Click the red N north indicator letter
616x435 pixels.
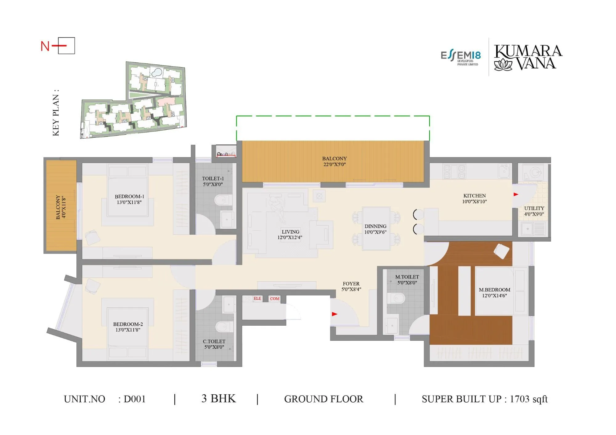pyautogui.click(x=45, y=47)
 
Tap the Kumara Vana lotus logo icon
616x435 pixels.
pyautogui.click(x=503, y=65)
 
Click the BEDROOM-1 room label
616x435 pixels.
pyautogui.click(x=129, y=199)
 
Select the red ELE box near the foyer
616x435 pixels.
pyautogui.click(x=257, y=299)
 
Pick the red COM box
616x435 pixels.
pyautogui.click(x=274, y=299)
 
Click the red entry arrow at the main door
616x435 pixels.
pyautogui.click(x=334, y=314)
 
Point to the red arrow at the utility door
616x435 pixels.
pyautogui.click(x=516, y=194)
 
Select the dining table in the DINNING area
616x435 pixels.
pyautogui.click(x=376, y=229)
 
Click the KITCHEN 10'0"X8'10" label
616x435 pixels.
pyautogui.click(x=474, y=199)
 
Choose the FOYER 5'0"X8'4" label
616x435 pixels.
pyautogui.click(x=351, y=286)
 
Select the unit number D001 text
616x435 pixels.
pyautogui.click(x=134, y=399)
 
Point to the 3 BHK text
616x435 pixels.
pyautogui.click(x=218, y=398)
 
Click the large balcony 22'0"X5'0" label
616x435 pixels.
pyautogui.click(x=334, y=161)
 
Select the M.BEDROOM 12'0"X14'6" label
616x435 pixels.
pyautogui.click(x=494, y=293)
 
